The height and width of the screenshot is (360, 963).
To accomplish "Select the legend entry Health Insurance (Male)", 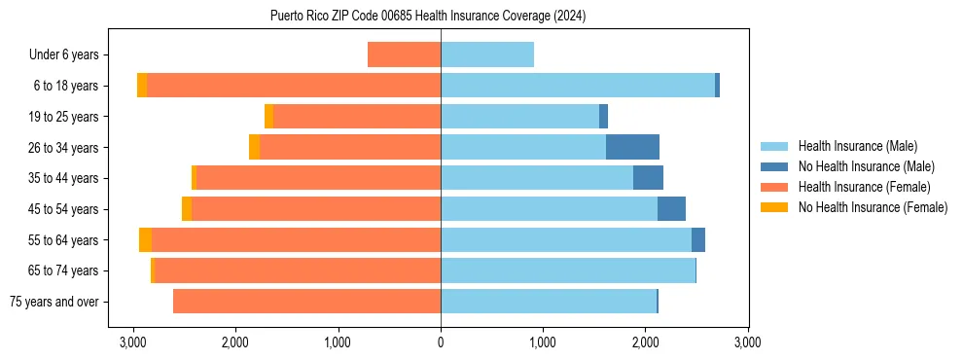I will [857, 146].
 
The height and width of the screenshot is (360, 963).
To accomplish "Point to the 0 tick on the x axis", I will [441, 342].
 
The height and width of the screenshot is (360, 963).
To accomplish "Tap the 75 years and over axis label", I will [53, 302].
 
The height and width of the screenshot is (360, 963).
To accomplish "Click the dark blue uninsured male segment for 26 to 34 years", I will [632, 147].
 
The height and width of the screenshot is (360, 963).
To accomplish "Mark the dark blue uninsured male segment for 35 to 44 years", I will [648, 178].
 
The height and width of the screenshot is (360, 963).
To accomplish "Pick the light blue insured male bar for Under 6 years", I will [487, 55].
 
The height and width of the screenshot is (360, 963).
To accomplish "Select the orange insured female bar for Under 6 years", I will [404, 55].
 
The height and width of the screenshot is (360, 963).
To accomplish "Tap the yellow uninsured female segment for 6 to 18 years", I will [142, 86].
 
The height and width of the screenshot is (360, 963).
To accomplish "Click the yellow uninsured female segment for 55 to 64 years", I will [145, 240].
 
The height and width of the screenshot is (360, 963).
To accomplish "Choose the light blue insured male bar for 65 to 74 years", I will [568, 270].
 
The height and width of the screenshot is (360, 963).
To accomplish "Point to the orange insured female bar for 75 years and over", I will [306, 302].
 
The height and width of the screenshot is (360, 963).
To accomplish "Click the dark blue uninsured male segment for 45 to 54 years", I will [671, 209].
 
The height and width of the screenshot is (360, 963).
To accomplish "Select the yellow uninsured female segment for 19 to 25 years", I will [268, 117].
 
